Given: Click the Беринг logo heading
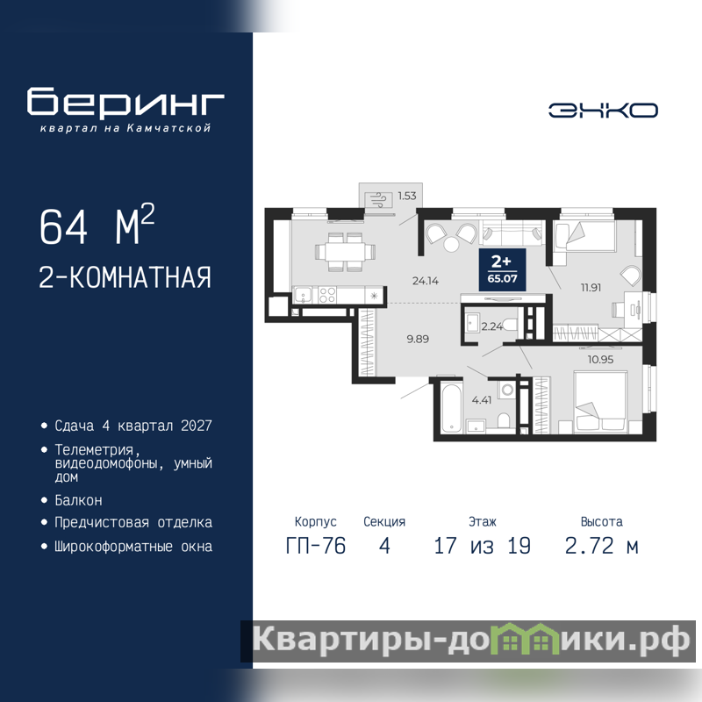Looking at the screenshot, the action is coord(125,102).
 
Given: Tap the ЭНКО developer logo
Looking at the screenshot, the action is coord(603,111).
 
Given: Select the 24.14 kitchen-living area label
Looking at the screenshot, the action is coord(426,281).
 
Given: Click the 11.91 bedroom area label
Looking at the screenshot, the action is coord(591,288).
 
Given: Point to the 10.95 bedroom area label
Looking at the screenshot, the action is coord(600,360).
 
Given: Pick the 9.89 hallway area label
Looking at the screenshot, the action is coord(418,339).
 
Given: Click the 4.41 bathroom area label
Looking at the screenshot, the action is coord(482,400).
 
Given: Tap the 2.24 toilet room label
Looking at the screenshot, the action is coord(492,326).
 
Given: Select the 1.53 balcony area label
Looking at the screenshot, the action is coord(407,196).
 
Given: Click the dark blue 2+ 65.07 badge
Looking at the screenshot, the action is coord(502,269).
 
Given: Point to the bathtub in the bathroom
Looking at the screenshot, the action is coord(451,408).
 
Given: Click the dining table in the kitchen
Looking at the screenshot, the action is coord(345,252).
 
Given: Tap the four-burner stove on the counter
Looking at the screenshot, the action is coord(326,296).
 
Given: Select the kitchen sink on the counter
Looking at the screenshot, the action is coord(303,296).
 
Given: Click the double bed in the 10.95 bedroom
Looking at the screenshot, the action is coord(600,403).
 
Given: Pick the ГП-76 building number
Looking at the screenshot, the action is coord(316,546).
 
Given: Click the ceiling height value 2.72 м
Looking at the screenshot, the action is coord(601,546).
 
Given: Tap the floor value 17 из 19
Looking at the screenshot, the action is coord(482,546).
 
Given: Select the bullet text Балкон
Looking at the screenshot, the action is coord(78,500).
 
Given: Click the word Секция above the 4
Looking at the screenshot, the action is coord(384,521).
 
